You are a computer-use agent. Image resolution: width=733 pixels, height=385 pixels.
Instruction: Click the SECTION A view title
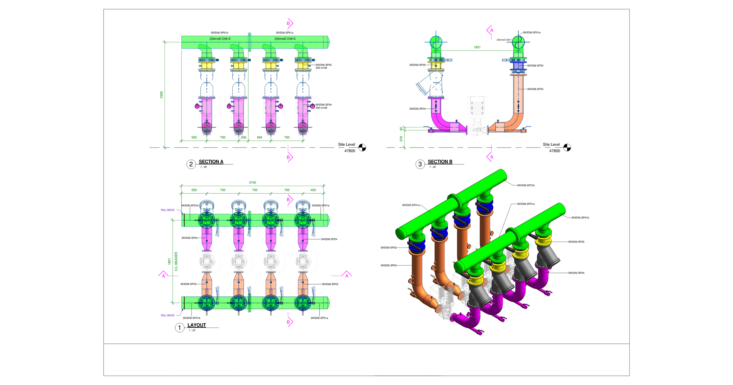coord(211,162)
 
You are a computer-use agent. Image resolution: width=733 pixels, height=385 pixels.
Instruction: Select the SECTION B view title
coord(440,162)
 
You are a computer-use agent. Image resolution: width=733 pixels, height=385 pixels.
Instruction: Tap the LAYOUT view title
coord(196,325)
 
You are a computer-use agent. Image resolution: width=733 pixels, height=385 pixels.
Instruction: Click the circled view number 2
coord(191,164)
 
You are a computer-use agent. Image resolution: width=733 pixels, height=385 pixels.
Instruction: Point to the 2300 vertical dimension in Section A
coord(162,95)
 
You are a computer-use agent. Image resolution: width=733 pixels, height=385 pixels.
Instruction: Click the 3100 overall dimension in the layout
coord(252,182)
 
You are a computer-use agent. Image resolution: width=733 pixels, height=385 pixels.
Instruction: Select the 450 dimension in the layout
coord(313,190)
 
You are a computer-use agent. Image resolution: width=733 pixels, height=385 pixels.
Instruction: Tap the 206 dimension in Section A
coord(243,137)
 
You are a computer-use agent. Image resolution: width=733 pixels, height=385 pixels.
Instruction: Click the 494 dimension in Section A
coord(259,137)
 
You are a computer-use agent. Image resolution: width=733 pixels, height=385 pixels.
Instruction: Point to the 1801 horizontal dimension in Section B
coord(477,47)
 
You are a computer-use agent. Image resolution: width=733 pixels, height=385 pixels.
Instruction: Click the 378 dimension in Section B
coord(401,139)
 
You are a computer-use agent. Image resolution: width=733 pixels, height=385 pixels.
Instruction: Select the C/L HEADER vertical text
coord(176,261)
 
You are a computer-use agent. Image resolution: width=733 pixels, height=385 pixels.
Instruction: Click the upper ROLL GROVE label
coord(168,210)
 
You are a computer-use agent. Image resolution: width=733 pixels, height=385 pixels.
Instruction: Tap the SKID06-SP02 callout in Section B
coord(535,66)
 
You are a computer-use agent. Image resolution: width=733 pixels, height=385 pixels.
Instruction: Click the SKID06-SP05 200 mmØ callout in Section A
coord(323,66)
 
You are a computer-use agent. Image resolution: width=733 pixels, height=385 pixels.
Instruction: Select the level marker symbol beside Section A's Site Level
coord(362,148)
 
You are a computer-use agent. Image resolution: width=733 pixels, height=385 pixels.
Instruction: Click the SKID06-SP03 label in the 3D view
coord(388,266)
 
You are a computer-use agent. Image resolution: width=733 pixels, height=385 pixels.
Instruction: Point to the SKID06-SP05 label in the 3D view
coord(576,242)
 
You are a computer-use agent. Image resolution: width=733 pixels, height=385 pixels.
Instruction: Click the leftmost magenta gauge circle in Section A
coord(197,106)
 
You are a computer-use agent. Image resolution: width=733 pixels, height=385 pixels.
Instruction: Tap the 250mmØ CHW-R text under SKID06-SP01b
coord(220,39)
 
